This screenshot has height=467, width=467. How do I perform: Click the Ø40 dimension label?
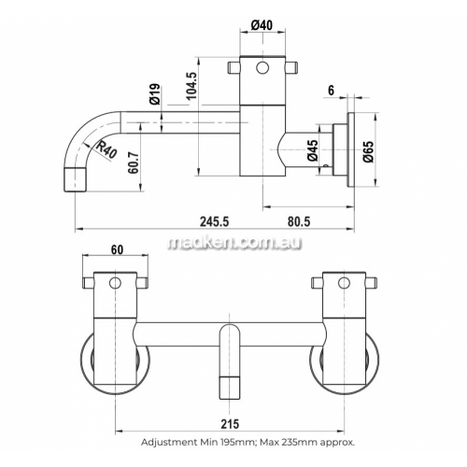(x=262, y=25)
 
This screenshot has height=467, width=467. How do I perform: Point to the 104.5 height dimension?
(x=191, y=86)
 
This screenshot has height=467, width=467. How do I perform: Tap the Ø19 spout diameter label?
(x=155, y=93)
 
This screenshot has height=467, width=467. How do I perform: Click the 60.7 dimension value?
(x=134, y=161)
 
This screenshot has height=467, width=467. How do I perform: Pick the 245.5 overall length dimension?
(x=214, y=221)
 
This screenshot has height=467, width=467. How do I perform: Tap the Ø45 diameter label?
(x=313, y=150)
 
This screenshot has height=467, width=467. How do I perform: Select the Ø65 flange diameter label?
(x=368, y=151)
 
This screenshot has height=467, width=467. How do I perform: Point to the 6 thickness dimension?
(x=331, y=91)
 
